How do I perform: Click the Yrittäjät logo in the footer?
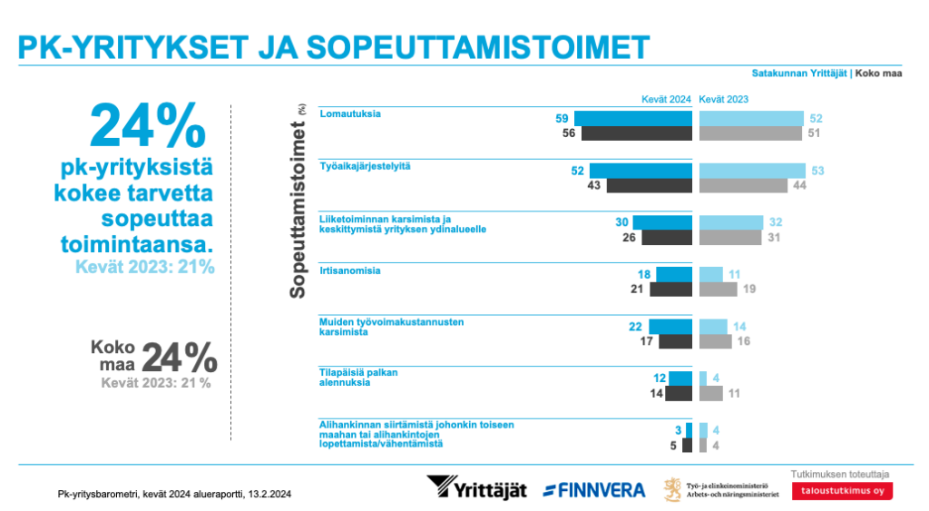(x=476, y=488)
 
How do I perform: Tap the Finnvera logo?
(x=594, y=490)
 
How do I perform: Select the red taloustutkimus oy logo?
(x=841, y=491)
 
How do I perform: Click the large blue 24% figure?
(x=148, y=125)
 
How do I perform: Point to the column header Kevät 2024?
(x=666, y=100)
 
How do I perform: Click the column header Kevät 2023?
(x=723, y=100)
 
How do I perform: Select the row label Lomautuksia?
(x=349, y=114)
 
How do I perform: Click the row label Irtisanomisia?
(x=349, y=270)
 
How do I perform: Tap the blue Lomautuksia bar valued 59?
(x=632, y=119)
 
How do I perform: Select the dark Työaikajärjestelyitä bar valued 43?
(x=649, y=185)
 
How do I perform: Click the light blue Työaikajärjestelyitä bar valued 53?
(x=752, y=171)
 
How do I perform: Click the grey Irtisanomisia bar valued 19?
(x=718, y=290)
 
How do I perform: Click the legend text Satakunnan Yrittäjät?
(x=799, y=74)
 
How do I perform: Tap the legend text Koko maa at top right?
(x=878, y=74)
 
